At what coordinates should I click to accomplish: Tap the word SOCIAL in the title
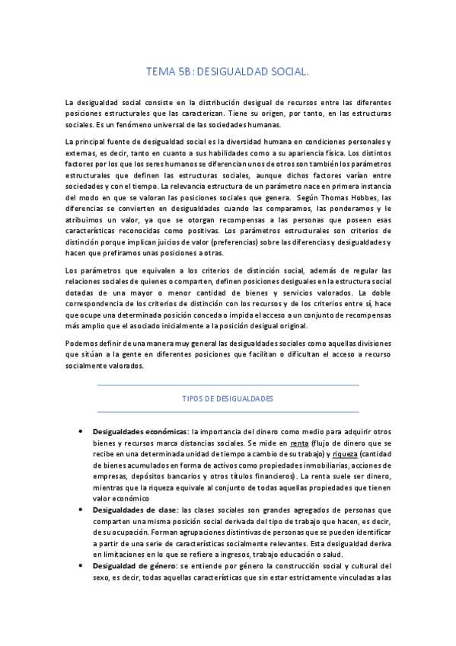pyautogui.click(x=285, y=72)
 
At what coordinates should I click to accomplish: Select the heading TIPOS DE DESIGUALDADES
pyautogui.click(x=228, y=398)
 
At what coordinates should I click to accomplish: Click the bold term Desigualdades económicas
pyautogui.click(x=140, y=432)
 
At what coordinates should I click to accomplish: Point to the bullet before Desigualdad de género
pyautogui.click(x=81, y=566)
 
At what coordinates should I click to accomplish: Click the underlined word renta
pyautogui.click(x=299, y=443)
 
